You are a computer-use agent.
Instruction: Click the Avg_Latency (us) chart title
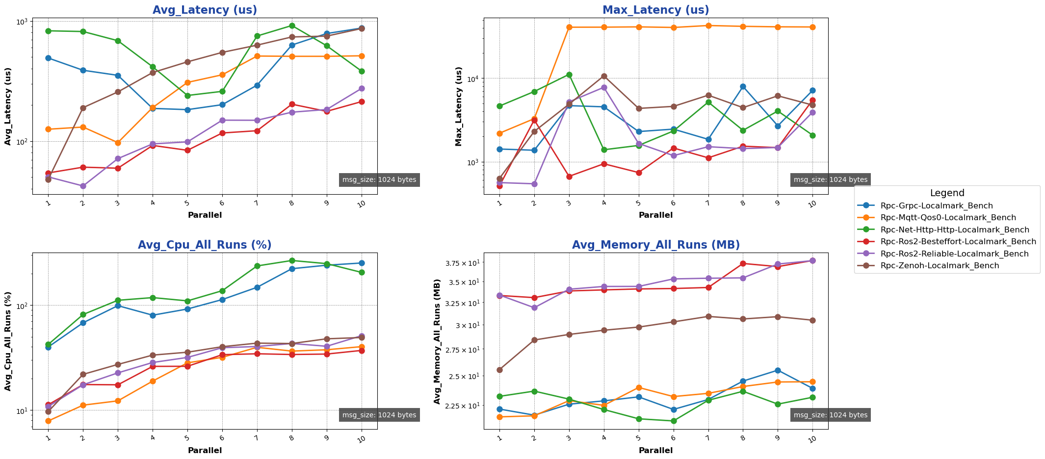pyautogui.click(x=205, y=10)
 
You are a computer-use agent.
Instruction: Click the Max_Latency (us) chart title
pyautogui.click(x=655, y=10)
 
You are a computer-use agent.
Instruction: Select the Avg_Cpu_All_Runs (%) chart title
pyautogui.click(x=205, y=245)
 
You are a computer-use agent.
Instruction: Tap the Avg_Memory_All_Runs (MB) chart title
pyautogui.click(x=655, y=245)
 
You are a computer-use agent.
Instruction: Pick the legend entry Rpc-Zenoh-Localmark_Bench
pyautogui.click(x=940, y=266)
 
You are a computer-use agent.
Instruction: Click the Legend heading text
pyautogui.click(x=947, y=193)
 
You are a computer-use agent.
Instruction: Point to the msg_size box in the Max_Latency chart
pyautogui.click(x=830, y=180)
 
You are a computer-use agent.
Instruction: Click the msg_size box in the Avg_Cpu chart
pyautogui.click(x=379, y=415)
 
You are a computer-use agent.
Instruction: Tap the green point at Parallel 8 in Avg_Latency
pyautogui.click(x=292, y=25)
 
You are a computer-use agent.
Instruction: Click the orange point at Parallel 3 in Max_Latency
pyautogui.click(x=569, y=27)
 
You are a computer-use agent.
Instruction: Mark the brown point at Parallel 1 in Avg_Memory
pyautogui.click(x=499, y=370)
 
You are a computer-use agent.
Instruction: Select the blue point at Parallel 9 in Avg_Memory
pyautogui.click(x=778, y=370)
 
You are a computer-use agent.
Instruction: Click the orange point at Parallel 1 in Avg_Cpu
pyautogui.click(x=48, y=421)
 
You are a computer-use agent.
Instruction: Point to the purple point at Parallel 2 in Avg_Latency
pyautogui.click(x=83, y=186)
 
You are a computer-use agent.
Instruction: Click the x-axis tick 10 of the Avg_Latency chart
pyautogui.click(x=362, y=203)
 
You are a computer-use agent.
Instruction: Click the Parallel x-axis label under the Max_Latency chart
pyautogui.click(x=655, y=215)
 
